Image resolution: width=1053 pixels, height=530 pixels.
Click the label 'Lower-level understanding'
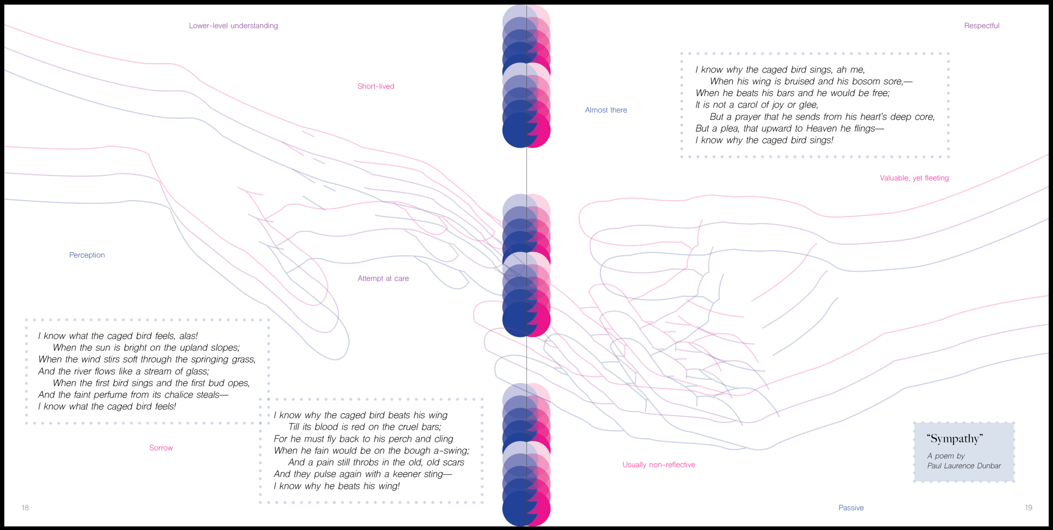coord(233,26)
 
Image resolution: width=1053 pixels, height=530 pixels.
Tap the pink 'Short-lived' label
coord(376,86)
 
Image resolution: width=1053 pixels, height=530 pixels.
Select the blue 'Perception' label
coord(87,255)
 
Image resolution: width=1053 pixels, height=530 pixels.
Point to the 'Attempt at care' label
coord(383,278)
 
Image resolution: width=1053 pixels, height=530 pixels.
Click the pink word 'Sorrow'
coord(161,448)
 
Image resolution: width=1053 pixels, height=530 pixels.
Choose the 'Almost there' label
coord(606,110)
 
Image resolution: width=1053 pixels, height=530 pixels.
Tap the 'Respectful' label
coord(981,26)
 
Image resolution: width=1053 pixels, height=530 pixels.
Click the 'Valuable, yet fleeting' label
coord(914,178)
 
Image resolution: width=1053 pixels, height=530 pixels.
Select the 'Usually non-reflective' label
coord(659,465)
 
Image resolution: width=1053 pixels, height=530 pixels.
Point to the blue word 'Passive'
coord(851,508)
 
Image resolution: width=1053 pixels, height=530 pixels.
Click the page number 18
coord(25,508)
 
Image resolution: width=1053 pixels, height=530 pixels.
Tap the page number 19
coord(1028,508)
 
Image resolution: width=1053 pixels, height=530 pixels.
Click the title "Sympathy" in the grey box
coord(954,439)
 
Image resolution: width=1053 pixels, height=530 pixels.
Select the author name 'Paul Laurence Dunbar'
coord(964,466)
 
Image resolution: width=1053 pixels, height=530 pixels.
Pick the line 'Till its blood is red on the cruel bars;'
coord(365,427)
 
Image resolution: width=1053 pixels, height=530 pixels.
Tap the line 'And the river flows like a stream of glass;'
coord(123,371)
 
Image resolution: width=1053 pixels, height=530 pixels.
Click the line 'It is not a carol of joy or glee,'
coord(756,105)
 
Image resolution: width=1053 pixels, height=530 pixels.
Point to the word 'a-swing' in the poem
coord(453,450)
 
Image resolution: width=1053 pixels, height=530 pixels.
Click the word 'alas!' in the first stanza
coord(188,336)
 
